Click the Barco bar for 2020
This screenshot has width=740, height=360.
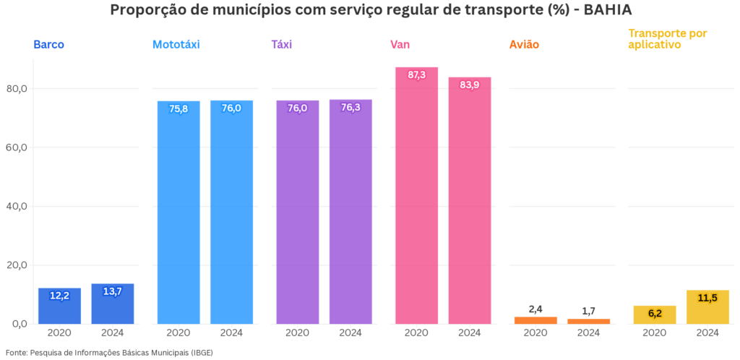[59, 306]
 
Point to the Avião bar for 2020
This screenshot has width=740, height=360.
[535, 320]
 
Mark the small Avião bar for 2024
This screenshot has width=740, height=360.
[588, 321]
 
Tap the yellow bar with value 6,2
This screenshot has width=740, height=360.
[654, 314]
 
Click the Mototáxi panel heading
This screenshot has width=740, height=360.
[176, 45]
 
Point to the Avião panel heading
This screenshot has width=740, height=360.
[524, 45]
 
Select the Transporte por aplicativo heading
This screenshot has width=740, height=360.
[668, 39]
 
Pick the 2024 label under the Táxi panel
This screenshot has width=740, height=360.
[350, 333]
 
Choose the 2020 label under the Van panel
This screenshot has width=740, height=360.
[416, 333]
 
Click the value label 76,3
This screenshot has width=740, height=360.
[350, 108]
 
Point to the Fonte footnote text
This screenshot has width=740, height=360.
[109, 353]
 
